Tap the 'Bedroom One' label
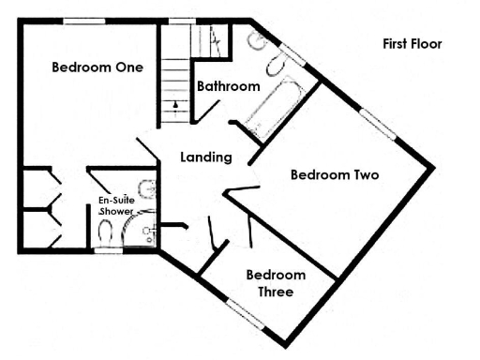[97, 67]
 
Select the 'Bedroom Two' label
[334, 174]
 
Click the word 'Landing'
[205, 157]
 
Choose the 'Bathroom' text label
[228, 86]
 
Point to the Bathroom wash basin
[255, 42]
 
